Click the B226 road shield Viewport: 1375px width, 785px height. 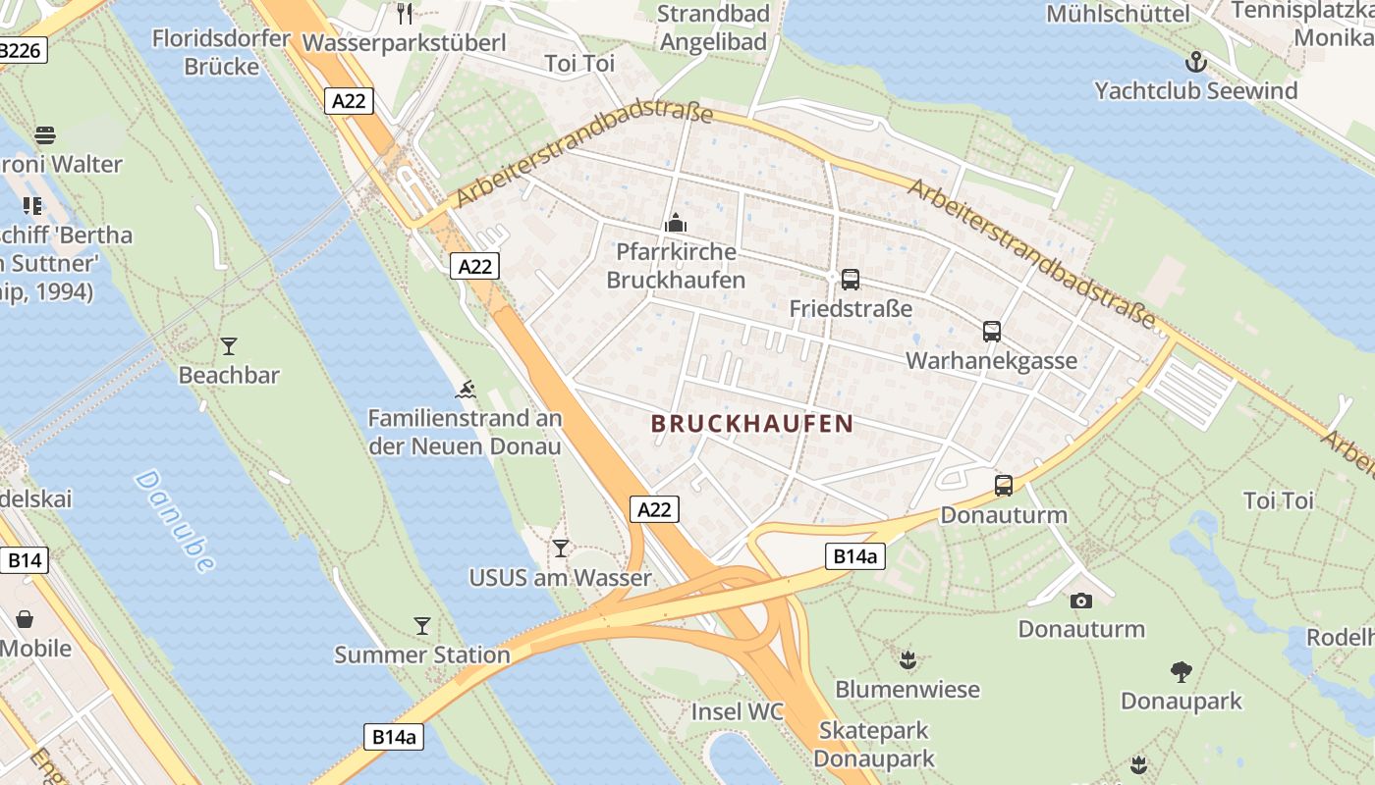(21, 50)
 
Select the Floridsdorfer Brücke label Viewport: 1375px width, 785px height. (222, 53)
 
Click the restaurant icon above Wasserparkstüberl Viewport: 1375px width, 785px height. (404, 13)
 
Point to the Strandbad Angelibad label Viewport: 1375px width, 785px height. (713, 27)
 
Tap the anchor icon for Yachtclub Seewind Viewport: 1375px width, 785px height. (1195, 63)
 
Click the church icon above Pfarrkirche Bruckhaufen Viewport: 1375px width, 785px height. (675, 223)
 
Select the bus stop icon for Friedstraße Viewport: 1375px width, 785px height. (851, 280)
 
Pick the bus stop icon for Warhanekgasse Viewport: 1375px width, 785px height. (991, 332)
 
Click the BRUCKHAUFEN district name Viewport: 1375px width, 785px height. (752, 424)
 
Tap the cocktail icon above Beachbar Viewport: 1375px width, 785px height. (229, 345)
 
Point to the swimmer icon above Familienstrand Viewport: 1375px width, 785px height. (466, 390)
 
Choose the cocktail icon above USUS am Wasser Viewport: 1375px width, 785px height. (560, 548)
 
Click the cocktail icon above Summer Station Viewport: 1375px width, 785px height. (422, 625)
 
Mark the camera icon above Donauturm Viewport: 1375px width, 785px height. (1080, 601)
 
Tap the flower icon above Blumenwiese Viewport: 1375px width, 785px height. (907, 660)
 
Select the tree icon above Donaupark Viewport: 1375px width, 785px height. (1182, 672)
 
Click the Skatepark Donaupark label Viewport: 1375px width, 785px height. (874, 745)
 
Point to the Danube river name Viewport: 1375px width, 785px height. (175, 521)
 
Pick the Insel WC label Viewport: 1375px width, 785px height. (738, 711)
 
